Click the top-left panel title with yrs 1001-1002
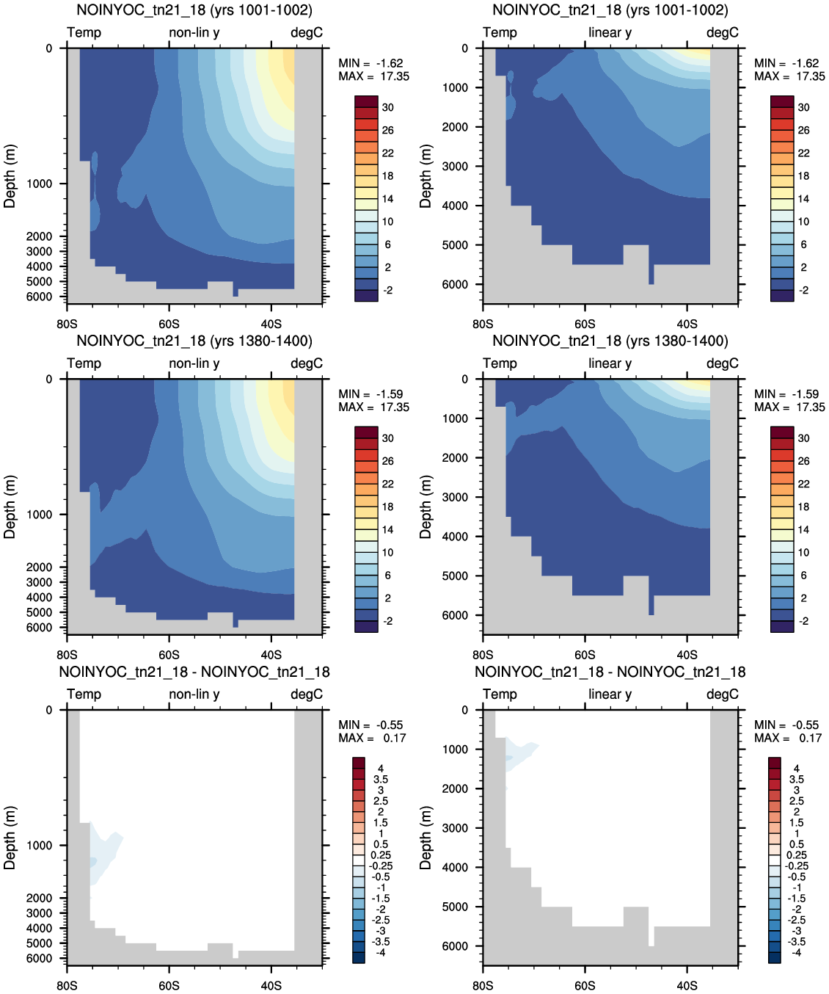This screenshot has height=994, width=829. (x=194, y=10)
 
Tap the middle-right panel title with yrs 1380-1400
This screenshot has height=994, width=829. (x=610, y=341)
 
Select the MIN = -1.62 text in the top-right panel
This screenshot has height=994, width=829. (x=786, y=63)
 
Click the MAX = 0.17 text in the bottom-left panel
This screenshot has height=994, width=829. (x=372, y=738)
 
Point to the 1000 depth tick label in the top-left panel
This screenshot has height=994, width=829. (x=39, y=184)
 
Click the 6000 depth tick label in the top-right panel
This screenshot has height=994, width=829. (x=455, y=285)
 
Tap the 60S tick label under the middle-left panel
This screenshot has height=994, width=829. (x=169, y=655)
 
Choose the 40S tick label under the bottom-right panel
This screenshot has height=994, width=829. (x=687, y=986)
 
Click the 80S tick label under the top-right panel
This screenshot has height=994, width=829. (x=483, y=324)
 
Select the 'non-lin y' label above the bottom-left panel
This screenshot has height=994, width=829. (x=194, y=694)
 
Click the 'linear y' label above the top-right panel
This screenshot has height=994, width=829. (x=610, y=32)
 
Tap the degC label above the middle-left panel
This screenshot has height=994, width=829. (x=307, y=363)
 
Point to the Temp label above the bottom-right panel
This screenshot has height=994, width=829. (x=500, y=694)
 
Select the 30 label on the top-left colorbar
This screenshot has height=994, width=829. (x=388, y=108)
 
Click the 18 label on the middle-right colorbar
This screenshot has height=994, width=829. (x=804, y=507)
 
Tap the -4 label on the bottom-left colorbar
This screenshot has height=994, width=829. (x=380, y=951)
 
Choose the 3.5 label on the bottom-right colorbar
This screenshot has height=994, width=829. (x=797, y=780)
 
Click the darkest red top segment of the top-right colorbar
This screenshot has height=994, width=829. (x=782, y=101)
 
